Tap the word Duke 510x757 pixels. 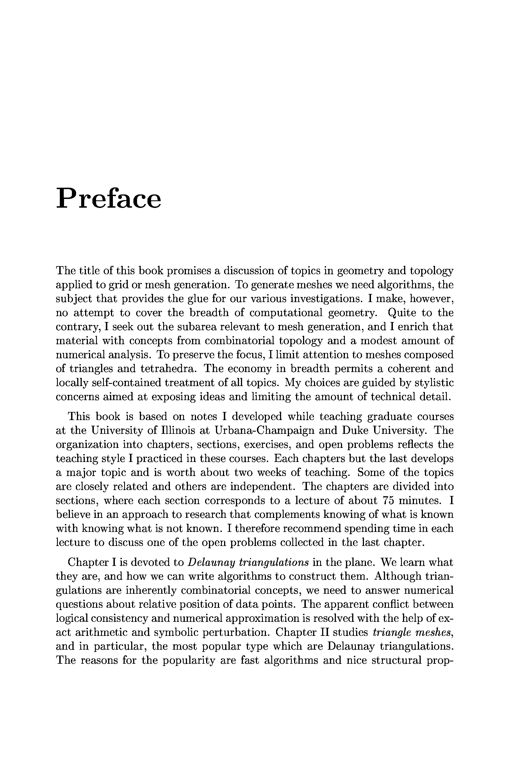(x=355, y=430)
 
